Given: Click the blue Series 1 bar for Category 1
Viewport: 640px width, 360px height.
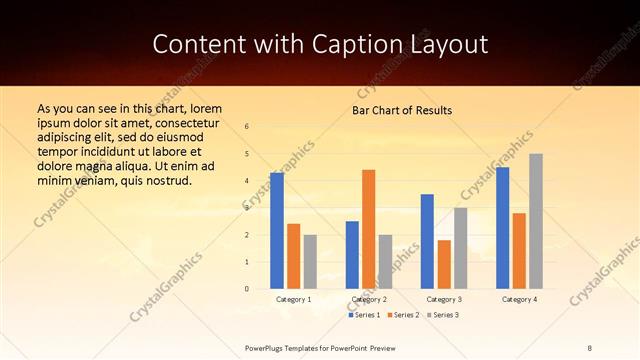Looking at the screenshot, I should [276, 230].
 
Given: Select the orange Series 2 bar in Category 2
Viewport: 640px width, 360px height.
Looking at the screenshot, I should [368, 229].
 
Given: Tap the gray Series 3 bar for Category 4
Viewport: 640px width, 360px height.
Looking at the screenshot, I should [536, 221].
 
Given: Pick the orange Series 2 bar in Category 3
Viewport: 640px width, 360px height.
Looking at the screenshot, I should [444, 264].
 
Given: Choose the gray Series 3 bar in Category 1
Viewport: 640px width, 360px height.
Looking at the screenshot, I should [310, 261].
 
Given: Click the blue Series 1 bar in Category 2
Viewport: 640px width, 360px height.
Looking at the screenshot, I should [352, 255].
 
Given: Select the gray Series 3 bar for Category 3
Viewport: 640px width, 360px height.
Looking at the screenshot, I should [460, 248].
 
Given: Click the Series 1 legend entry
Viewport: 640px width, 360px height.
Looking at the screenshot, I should [364, 315].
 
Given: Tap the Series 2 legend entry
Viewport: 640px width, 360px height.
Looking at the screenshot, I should [403, 315].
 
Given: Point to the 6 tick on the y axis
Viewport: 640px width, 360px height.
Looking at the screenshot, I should [247, 127].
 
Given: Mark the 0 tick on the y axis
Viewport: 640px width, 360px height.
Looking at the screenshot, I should [247, 289].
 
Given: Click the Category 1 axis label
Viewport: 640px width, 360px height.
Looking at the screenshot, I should [293, 299].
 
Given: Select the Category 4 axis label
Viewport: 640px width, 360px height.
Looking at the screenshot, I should [519, 299].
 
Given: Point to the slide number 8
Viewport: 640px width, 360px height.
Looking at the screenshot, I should [590, 346].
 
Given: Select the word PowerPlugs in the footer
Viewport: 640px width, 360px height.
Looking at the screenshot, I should [267, 346].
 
